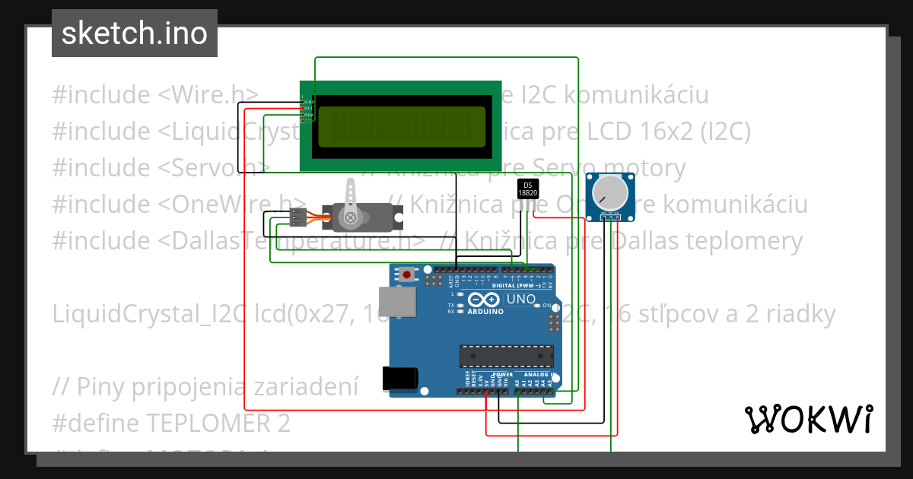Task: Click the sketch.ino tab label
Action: (x=134, y=33)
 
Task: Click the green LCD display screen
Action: (x=401, y=126)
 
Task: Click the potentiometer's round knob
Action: (x=610, y=192)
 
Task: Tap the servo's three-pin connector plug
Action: (x=298, y=217)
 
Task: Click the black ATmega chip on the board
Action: (x=506, y=355)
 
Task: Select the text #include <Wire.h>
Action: (x=156, y=95)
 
